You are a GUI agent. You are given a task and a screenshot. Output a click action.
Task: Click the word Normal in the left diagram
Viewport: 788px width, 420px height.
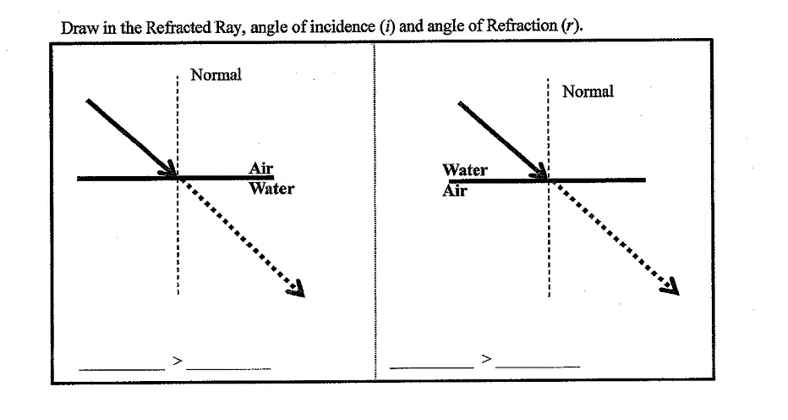pyautogui.click(x=216, y=75)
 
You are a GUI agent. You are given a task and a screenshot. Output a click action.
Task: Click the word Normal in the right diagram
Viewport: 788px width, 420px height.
pyautogui.click(x=588, y=91)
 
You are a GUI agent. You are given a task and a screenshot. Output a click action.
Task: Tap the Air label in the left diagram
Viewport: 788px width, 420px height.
pyautogui.click(x=260, y=168)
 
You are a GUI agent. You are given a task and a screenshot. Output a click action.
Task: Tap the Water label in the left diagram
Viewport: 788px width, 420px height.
pyautogui.click(x=271, y=188)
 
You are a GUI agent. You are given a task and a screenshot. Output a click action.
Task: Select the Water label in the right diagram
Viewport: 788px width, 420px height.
pyautogui.click(x=465, y=169)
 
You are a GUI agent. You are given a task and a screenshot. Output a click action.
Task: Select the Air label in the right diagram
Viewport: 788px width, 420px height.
pyautogui.click(x=455, y=191)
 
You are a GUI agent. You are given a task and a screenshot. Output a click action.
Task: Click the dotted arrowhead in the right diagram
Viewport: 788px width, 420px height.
pyautogui.click(x=670, y=286)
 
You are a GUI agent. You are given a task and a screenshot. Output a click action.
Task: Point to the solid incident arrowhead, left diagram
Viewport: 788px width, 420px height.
pyautogui.click(x=169, y=169)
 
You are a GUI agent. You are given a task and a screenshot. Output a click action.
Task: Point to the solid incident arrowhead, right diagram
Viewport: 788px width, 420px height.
pyautogui.click(x=539, y=171)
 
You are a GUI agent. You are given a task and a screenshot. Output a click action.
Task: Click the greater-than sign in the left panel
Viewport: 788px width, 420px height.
pyautogui.click(x=177, y=361)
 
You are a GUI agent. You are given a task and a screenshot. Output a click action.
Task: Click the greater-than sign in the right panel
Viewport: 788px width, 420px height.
pyautogui.click(x=486, y=358)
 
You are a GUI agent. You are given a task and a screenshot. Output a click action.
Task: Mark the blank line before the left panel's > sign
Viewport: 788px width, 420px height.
pyautogui.click(x=122, y=370)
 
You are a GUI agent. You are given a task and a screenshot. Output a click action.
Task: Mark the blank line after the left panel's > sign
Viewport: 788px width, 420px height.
pyautogui.click(x=228, y=368)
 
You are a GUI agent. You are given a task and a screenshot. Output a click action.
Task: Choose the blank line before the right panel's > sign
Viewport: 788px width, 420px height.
pyautogui.click(x=432, y=367)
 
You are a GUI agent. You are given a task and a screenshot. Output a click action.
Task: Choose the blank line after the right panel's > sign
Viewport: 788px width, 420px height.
pyautogui.click(x=537, y=366)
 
